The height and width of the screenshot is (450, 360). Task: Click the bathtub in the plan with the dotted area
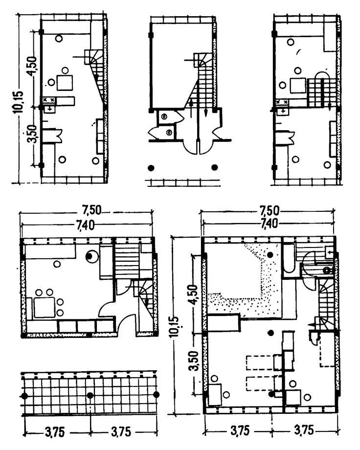click(289, 260)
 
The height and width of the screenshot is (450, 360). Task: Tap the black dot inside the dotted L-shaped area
click(270, 254)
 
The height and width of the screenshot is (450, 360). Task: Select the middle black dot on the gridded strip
click(90, 395)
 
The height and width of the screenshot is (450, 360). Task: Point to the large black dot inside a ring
click(90, 255)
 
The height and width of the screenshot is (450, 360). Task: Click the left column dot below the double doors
click(151, 167)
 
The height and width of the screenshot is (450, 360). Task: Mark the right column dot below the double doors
click(214, 167)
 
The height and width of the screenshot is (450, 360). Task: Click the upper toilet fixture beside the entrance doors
click(164, 116)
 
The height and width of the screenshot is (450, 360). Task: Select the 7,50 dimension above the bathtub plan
click(269, 211)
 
